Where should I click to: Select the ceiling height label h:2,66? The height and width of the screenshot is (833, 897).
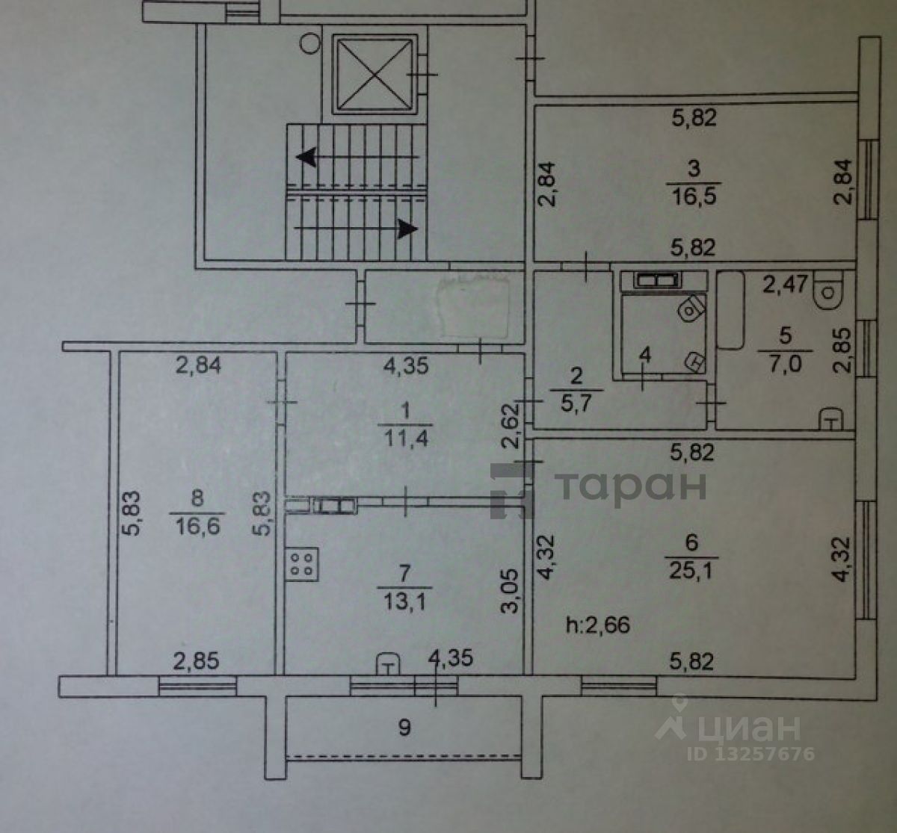click(598, 624)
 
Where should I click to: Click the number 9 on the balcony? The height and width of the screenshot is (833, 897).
click(404, 726)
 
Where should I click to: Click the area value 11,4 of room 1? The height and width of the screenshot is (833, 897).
click(406, 438)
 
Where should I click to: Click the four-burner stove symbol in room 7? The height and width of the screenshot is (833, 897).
click(302, 563)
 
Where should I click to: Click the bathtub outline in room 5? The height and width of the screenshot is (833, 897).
click(730, 311)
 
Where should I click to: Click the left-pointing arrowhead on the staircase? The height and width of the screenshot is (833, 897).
click(305, 157)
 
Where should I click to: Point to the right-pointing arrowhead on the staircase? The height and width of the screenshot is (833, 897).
click(407, 228)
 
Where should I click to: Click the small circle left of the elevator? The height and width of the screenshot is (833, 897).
click(308, 43)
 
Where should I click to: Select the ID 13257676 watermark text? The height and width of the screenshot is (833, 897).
click(750, 753)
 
